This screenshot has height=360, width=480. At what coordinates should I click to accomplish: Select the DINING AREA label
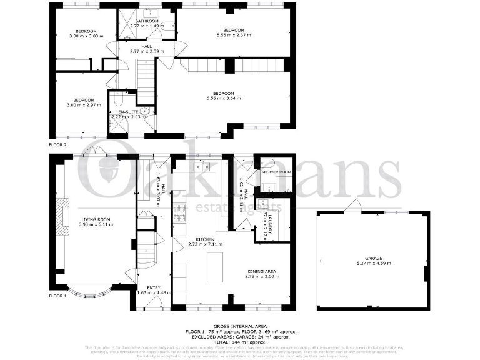tap(261, 271)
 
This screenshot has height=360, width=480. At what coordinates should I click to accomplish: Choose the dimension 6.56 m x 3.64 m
tap(224, 98)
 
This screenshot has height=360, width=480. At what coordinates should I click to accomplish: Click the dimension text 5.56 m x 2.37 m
tap(233, 35)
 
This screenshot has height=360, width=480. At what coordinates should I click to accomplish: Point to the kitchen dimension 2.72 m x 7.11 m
tap(206, 244)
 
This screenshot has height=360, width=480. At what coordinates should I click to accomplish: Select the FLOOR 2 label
tap(57, 144)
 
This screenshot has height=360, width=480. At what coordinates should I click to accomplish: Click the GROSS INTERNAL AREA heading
tap(241, 326)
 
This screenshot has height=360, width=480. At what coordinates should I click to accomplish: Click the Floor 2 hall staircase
tap(145, 81)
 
